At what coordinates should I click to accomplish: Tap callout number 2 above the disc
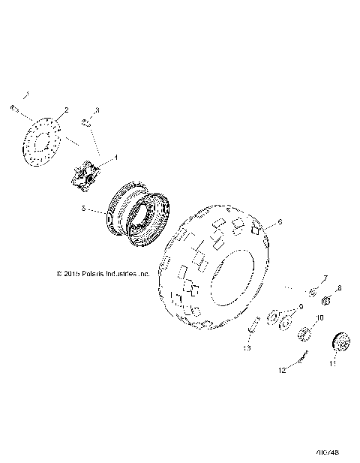[x=66, y=110]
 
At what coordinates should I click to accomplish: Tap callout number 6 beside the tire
[x=280, y=223]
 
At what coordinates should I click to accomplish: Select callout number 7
[x=325, y=278]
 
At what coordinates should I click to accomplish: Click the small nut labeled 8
[x=327, y=302]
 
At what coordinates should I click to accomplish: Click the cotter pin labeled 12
[x=303, y=359]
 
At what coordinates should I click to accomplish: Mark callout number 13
[x=246, y=349]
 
